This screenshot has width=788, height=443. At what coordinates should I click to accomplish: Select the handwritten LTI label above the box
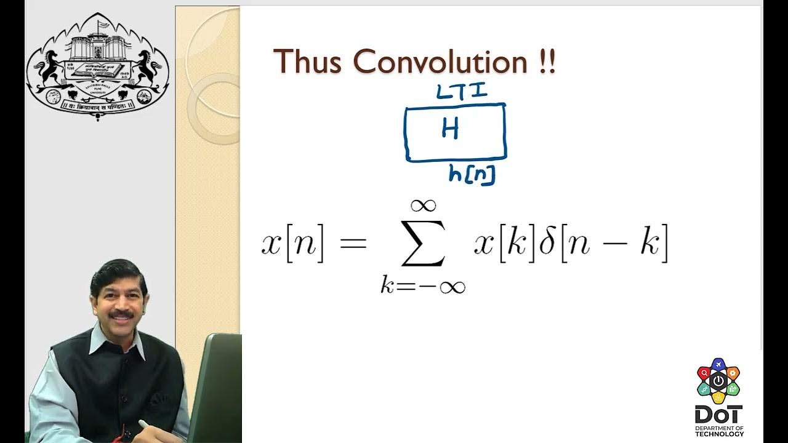coord(462,92)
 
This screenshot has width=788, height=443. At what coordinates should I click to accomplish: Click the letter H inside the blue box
coord(450,129)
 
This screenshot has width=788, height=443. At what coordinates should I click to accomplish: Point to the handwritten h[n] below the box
coord(472,175)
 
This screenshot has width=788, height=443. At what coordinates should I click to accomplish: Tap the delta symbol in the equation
coord(547,244)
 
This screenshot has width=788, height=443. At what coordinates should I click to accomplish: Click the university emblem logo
coord(97,66)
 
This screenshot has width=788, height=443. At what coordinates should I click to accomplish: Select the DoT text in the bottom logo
coord(718,414)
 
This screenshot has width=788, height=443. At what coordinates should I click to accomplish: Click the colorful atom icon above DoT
coord(718,381)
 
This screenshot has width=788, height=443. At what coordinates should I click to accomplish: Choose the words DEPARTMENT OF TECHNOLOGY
coord(719,431)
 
